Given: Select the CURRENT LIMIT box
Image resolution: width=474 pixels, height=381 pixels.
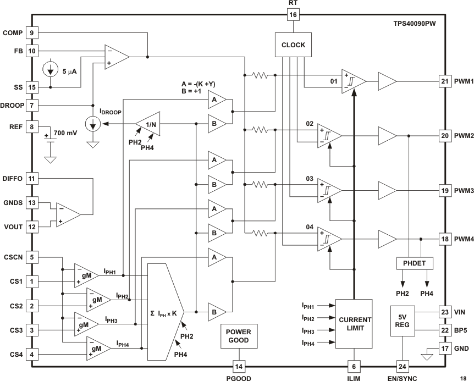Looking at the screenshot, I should pyautogui.click(x=354, y=323).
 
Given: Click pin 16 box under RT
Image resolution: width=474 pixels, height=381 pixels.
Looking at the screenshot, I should pyautogui.click(x=293, y=14).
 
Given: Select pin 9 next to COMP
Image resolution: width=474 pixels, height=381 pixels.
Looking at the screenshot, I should pyautogui.click(x=32, y=33).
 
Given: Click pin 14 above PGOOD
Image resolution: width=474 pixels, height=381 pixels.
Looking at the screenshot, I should pyautogui.click(x=239, y=367).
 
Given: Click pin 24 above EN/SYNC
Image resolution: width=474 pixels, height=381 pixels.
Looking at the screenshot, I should pyautogui.click(x=403, y=367).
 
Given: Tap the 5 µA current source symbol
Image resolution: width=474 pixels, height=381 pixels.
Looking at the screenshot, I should pyautogui.click(x=51, y=70).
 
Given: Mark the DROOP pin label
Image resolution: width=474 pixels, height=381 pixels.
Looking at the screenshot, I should pyautogui.click(x=12, y=105).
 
